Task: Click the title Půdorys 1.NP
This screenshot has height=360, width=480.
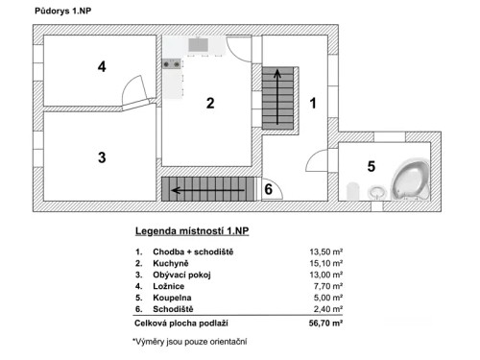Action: [x=63, y=12]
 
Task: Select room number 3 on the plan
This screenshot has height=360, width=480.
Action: [x=100, y=157]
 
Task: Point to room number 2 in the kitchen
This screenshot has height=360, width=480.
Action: [x=210, y=104]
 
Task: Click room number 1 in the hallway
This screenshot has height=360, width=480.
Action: [x=310, y=101]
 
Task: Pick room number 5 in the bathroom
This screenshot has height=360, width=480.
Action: [x=372, y=165]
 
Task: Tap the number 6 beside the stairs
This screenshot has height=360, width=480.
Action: [x=269, y=189]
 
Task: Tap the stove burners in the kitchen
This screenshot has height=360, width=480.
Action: [x=172, y=64]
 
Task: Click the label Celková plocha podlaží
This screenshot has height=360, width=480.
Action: [x=184, y=324]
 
